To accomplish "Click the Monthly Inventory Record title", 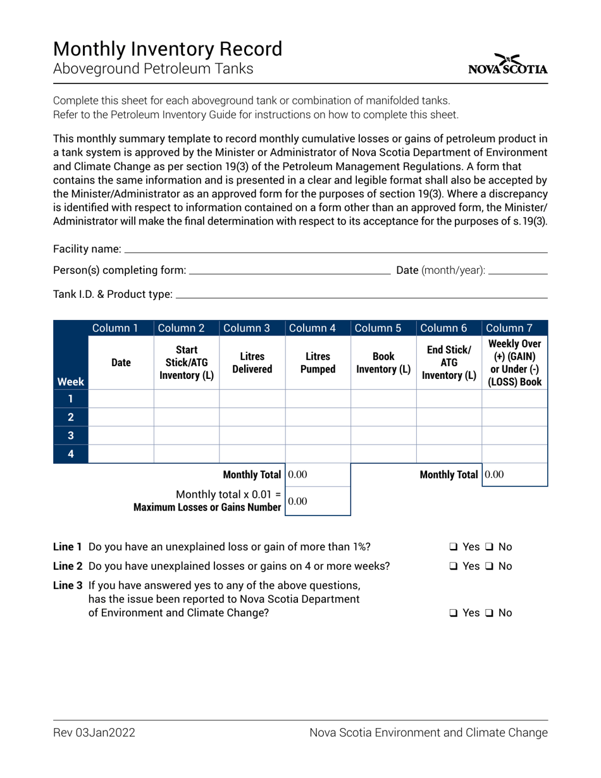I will (x=168, y=49).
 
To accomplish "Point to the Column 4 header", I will (x=318, y=328).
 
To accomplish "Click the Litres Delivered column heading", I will (x=252, y=363).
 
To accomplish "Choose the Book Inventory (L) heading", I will (x=383, y=363).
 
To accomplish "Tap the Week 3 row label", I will (x=70, y=435).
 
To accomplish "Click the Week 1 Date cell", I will (x=121, y=398).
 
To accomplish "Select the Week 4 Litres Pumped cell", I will (x=318, y=454).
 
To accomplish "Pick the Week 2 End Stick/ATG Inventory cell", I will (x=449, y=417).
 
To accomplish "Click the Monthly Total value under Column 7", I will (x=514, y=474).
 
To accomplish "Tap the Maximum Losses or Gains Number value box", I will (x=318, y=501).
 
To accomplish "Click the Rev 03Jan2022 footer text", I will (x=94, y=733).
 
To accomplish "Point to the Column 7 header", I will (x=514, y=328).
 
